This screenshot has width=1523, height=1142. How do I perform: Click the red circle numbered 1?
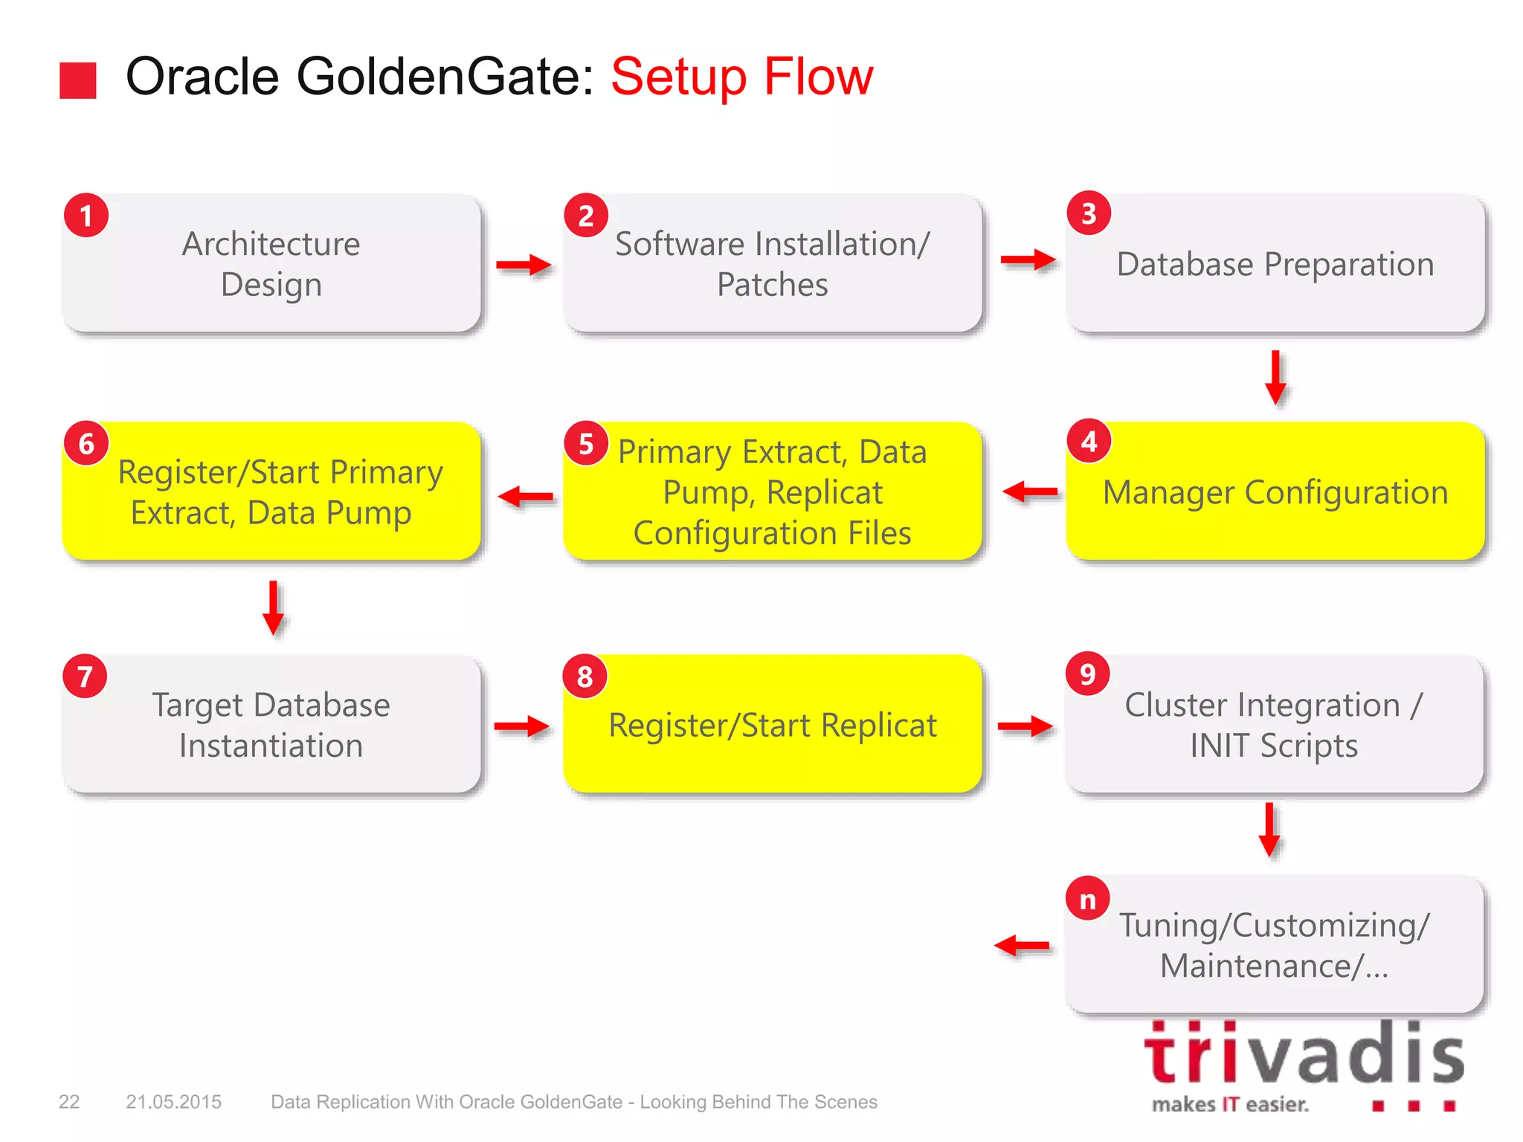click(86, 216)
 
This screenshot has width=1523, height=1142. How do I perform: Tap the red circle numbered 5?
click(586, 444)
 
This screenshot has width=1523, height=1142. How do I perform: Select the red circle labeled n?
click(1087, 900)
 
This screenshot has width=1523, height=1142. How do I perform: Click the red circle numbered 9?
click(1087, 674)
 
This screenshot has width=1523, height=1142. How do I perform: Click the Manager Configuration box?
click(1275, 492)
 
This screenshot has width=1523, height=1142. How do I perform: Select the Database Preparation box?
click(1275, 264)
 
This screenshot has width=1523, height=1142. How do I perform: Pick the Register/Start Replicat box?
click(772, 725)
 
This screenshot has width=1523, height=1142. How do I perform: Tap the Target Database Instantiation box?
click(271, 725)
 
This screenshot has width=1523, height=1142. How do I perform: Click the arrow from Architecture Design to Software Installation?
click(524, 265)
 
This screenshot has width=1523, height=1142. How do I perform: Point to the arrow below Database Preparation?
click(1275, 377)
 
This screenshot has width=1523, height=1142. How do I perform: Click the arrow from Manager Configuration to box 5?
click(1030, 491)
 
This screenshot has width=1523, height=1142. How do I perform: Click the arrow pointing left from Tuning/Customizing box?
click(1022, 946)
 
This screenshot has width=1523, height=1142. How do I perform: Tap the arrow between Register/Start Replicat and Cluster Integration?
click(1025, 726)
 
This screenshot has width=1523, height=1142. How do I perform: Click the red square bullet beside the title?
click(78, 80)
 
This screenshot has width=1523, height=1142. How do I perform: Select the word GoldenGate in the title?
click(445, 77)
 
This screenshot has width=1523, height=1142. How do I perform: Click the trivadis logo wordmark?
click(1303, 1054)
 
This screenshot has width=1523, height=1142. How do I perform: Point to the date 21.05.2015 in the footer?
click(173, 1102)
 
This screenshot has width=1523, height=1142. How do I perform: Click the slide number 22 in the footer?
click(69, 1102)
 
